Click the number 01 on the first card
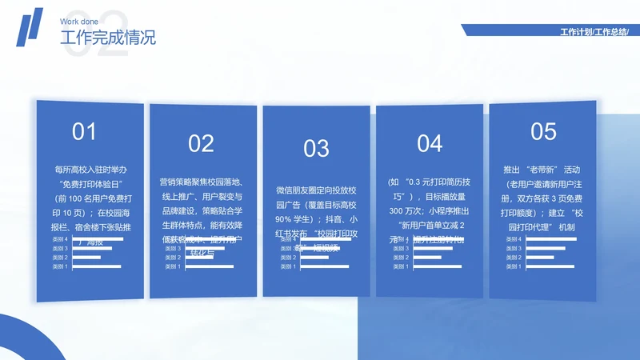(x=84, y=132)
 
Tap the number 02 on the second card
(x=201, y=143)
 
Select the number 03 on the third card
(x=316, y=148)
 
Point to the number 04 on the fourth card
(x=430, y=143)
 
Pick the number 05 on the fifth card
(x=543, y=131)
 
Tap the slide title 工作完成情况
(x=108, y=38)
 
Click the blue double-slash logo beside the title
(x=30, y=28)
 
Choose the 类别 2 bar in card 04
(x=426, y=258)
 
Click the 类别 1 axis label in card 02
(x=173, y=266)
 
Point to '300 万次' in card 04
(x=406, y=210)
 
